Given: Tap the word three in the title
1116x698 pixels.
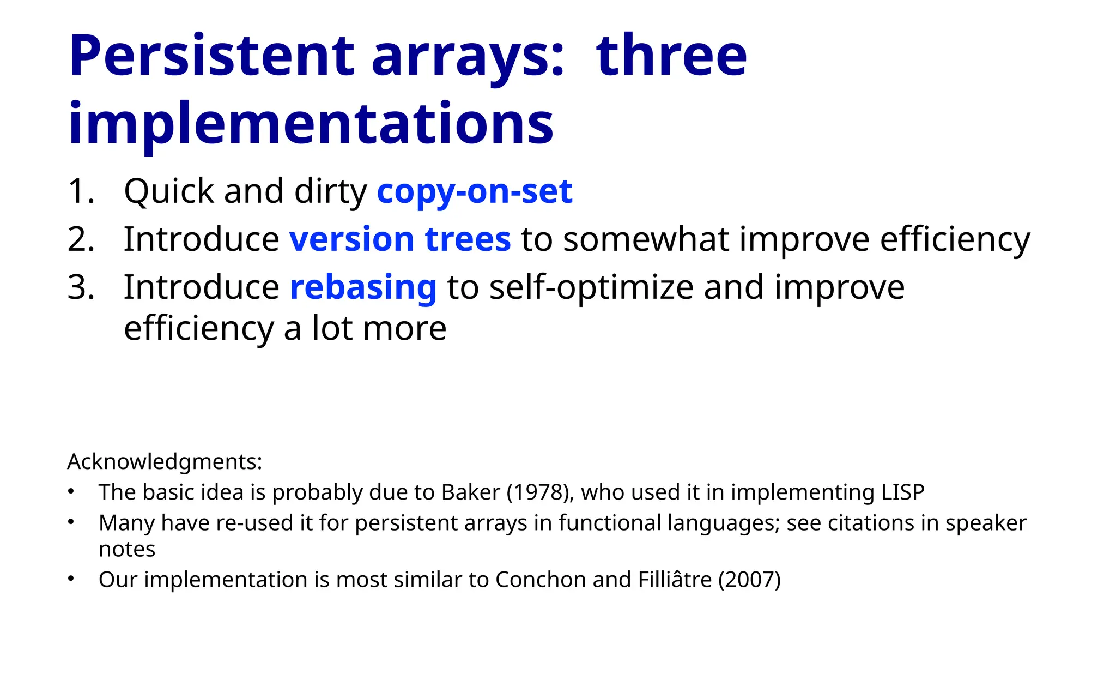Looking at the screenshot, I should coord(671,56).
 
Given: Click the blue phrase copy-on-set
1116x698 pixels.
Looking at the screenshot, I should coord(474,191).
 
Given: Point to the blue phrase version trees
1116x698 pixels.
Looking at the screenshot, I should coord(400,239).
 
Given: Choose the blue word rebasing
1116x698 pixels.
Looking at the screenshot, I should coord(363,287).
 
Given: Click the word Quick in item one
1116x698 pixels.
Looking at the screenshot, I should coord(169,191).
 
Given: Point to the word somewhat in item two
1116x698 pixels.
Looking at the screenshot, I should coord(645,239).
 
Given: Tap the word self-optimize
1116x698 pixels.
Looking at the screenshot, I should coord(591,287).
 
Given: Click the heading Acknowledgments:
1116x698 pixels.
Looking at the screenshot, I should coord(165,462).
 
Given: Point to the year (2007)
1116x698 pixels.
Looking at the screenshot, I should coord(749,580).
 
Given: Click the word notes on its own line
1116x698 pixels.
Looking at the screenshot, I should coord(127,549).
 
